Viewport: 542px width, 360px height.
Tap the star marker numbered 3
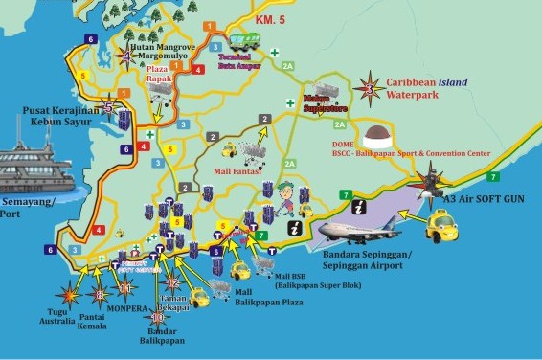(x=370, y=88)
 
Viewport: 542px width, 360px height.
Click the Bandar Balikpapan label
(x=160, y=335)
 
